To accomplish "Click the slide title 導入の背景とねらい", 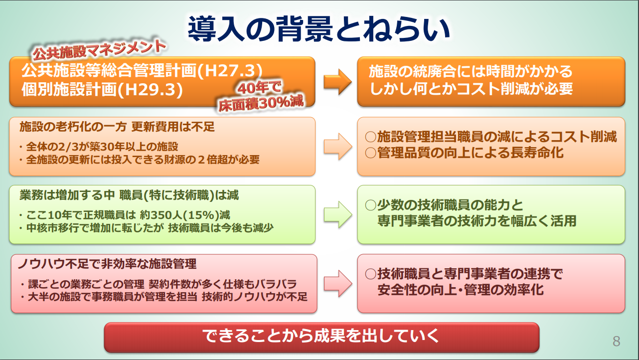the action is click(319, 28).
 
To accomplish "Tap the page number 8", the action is click(617, 341).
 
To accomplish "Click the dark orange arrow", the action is click(338, 82).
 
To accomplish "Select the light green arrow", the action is click(338, 214).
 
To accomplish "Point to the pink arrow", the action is click(338, 283).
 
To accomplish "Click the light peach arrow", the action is click(338, 146).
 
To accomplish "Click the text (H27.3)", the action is click(230, 70).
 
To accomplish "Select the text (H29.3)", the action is click(150, 89).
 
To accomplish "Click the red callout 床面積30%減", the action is click(261, 103).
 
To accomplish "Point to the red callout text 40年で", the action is click(259, 87).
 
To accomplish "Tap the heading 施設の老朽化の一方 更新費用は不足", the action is click(117, 127).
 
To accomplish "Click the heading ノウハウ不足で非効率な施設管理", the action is click(107, 264).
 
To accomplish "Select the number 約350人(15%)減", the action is click(185, 215).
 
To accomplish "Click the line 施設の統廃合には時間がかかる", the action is click(471, 71).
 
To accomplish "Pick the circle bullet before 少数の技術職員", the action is click(370, 205).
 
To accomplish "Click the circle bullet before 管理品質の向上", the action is click(370, 153).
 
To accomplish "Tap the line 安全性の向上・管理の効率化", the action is click(461, 290).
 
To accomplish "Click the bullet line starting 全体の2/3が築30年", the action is click(99, 147).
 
